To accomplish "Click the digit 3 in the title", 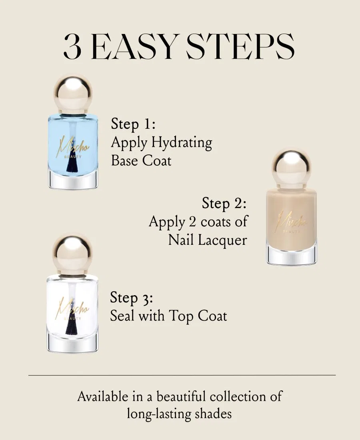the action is tap(72, 47).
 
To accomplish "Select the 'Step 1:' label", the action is tap(133, 124).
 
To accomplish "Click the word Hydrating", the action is tap(182, 142).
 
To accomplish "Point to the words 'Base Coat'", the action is tap(141, 160).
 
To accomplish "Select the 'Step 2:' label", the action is tap(224, 203).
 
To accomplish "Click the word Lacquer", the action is tap(222, 240).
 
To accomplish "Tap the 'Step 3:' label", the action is tap(132, 298).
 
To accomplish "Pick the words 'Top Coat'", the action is tap(198, 316).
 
